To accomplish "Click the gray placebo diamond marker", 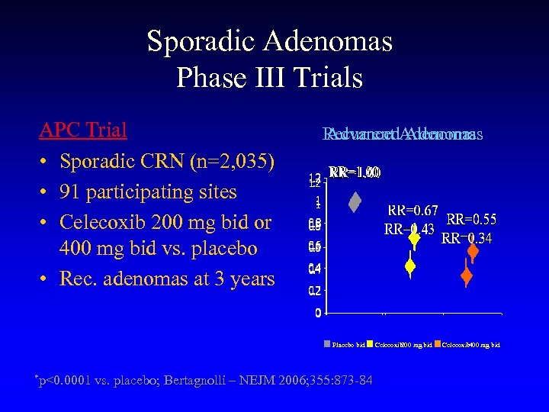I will click(x=355, y=202).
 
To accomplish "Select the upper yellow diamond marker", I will click(x=414, y=238).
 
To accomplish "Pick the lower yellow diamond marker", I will click(x=409, y=266).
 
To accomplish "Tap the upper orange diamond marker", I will click(x=473, y=250).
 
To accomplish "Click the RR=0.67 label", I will click(x=413, y=211).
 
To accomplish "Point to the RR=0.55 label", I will click(x=471, y=219).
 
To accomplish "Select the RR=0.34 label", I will click(x=467, y=238).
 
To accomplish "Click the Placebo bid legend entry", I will click(x=348, y=345).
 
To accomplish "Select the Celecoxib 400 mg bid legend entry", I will click(x=469, y=345).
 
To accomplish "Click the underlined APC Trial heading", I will click(x=82, y=130).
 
